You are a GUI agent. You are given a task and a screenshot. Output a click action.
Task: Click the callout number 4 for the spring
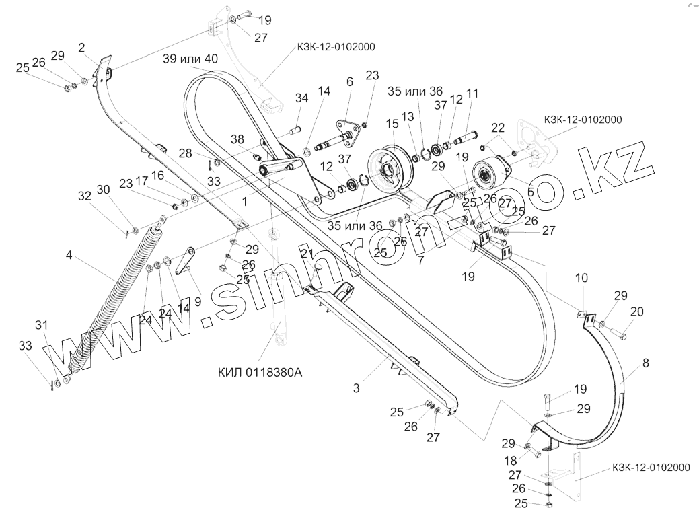tap(69, 256)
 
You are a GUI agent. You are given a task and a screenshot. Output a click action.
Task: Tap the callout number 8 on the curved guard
tap(646, 363)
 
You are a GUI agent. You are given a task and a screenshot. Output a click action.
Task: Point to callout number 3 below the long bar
tap(357, 388)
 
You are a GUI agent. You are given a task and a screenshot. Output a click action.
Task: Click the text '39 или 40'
tap(190, 59)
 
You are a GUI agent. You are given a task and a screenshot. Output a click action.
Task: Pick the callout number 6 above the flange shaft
tap(349, 82)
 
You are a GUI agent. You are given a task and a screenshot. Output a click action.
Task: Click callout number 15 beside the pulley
tap(392, 126)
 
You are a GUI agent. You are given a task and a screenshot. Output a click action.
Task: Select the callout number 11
tap(471, 94)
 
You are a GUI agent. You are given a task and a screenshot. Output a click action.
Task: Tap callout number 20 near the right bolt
tap(636, 311)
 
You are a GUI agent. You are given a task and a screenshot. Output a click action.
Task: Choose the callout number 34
tap(301, 99)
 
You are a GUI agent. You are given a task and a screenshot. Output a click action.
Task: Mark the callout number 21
tap(307, 254)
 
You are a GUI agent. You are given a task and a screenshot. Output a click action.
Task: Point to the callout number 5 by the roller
tap(531, 191)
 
